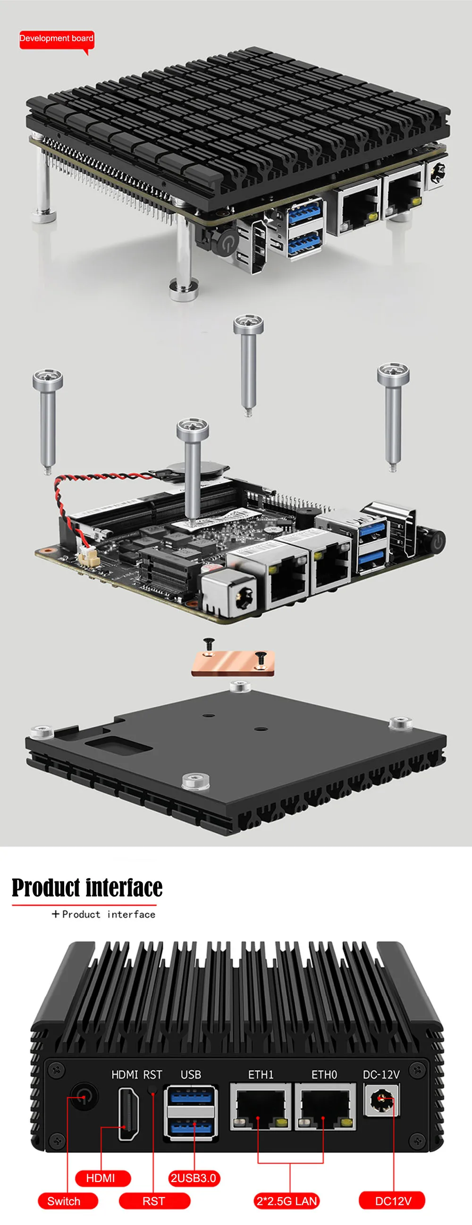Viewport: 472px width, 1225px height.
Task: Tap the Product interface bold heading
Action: coord(87,888)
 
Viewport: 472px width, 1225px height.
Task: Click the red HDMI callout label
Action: coord(102,1177)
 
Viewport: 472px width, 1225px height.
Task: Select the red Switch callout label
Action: coord(67,1201)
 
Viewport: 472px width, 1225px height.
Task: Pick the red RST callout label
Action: coord(154,1201)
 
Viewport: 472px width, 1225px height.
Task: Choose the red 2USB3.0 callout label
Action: coord(194,1177)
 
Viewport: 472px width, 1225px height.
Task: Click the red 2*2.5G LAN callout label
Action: coord(287,1201)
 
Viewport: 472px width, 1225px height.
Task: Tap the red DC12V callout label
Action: coord(392,1201)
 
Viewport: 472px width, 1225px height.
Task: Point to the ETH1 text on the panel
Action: coord(261,1075)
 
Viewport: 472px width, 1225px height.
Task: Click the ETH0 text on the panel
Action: coord(324,1075)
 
